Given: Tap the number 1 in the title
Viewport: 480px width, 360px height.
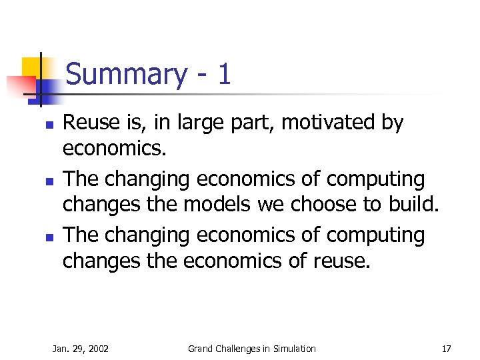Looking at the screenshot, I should (224, 74).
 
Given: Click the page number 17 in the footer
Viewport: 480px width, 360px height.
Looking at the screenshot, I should (446, 349).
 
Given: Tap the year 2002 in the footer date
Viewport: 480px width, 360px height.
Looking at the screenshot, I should (97, 349).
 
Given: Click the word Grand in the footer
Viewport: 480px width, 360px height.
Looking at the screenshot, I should (201, 349).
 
